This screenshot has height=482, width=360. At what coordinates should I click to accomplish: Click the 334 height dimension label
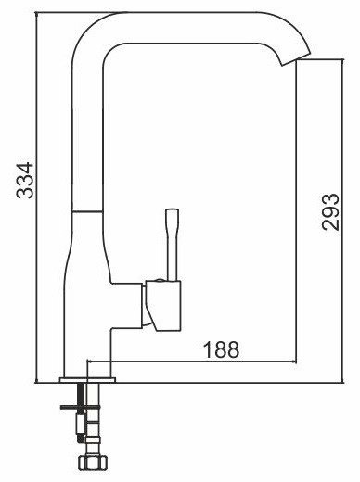(x=25, y=181)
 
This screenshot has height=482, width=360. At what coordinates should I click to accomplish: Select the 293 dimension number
(x=330, y=212)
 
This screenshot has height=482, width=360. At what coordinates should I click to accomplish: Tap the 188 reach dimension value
(x=222, y=349)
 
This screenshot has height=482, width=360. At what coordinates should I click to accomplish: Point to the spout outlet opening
(x=295, y=58)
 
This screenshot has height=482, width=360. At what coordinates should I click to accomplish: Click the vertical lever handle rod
(x=173, y=245)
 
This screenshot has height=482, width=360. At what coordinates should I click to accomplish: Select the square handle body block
(x=163, y=306)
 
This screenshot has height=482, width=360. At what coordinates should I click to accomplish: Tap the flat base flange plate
(x=87, y=380)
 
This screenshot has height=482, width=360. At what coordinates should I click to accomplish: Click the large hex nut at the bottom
(x=92, y=463)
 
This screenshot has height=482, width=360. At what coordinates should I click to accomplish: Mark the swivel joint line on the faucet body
(x=87, y=211)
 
